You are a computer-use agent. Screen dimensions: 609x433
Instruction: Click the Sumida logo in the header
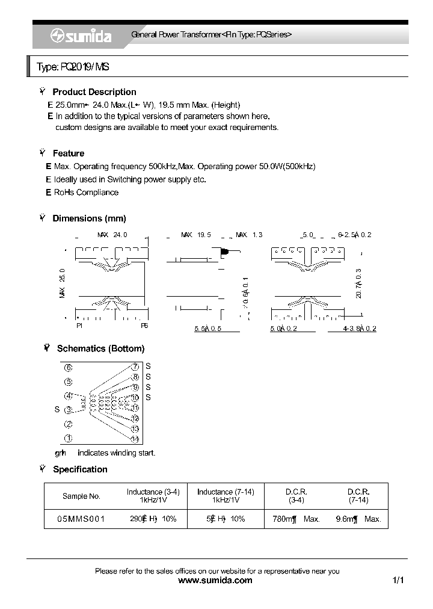click(x=80, y=36)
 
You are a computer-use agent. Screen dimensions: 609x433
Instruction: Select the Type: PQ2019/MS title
click(x=73, y=67)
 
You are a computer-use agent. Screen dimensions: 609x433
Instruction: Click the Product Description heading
click(x=94, y=92)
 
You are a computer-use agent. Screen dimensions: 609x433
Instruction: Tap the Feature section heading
click(x=68, y=153)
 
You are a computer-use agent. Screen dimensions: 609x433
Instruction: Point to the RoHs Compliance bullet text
click(x=86, y=193)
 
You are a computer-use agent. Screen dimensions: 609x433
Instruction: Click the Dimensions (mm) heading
click(x=89, y=218)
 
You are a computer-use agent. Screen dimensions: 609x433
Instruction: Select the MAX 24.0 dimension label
click(x=112, y=235)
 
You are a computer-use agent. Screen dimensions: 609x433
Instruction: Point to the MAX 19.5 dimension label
click(x=196, y=235)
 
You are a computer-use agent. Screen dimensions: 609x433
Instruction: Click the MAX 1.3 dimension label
click(x=249, y=235)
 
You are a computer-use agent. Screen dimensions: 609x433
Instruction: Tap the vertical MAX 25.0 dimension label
click(x=62, y=283)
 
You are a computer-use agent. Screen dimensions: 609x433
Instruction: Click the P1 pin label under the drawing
click(x=79, y=326)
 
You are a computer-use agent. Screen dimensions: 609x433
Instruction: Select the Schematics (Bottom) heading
click(x=100, y=348)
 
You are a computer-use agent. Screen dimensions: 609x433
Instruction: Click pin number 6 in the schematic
click(x=69, y=368)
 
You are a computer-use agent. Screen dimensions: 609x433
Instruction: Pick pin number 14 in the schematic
click(x=135, y=439)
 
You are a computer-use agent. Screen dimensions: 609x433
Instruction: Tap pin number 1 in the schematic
click(x=69, y=438)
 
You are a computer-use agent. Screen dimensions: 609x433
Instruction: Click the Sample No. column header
click(x=81, y=496)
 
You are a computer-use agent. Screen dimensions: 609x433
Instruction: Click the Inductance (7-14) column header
click(x=226, y=496)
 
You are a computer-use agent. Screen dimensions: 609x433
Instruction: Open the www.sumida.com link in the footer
click(x=216, y=581)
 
